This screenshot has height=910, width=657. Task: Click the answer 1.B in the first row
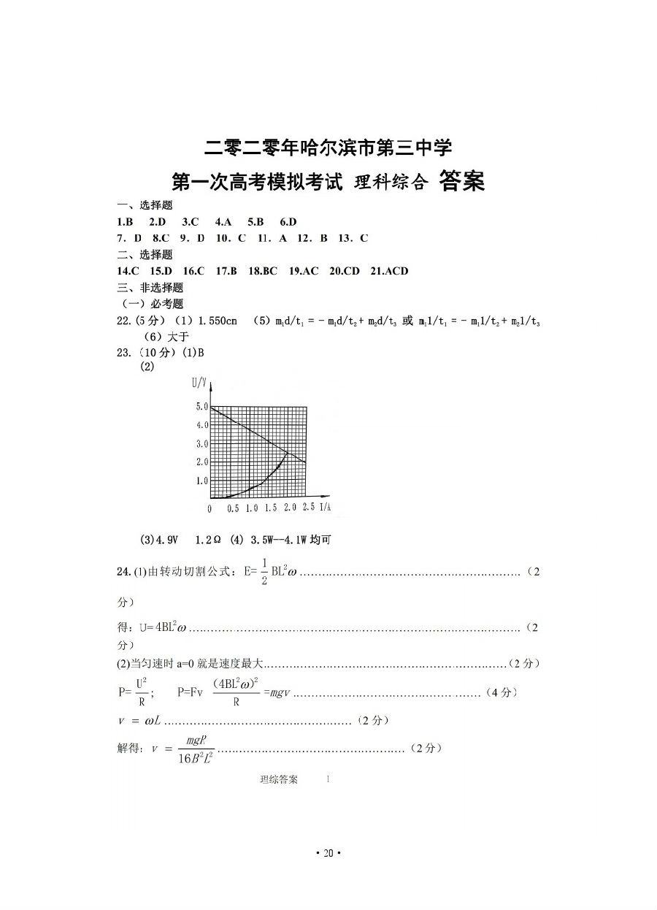click(x=125, y=222)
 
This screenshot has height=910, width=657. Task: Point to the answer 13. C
click(x=354, y=238)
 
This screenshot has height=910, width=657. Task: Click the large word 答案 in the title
click(x=462, y=181)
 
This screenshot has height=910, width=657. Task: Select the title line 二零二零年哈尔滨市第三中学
click(x=328, y=148)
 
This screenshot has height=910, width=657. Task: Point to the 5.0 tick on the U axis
click(x=201, y=406)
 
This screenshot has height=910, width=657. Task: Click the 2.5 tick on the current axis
click(x=308, y=508)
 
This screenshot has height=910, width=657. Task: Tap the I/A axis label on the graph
click(x=326, y=508)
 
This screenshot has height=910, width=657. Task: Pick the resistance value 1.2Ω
click(x=208, y=540)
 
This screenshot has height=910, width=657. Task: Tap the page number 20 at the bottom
click(x=328, y=854)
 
